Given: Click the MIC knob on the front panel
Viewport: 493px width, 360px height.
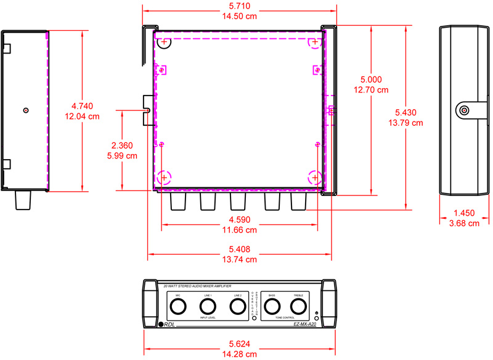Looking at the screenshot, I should (178, 306).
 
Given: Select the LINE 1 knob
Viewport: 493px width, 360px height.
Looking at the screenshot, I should (208, 306).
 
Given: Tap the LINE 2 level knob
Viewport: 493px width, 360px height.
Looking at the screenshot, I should (237, 306).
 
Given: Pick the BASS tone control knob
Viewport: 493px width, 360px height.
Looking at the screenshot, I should (272, 306).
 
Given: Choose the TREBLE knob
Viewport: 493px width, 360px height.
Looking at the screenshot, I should (298, 306).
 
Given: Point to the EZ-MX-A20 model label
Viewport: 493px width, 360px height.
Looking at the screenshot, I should (305, 324).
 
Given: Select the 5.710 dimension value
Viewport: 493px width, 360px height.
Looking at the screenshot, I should (240, 6).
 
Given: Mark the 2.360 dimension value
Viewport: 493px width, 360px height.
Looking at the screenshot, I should (123, 145).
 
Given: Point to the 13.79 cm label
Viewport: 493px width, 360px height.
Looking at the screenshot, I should (405, 123).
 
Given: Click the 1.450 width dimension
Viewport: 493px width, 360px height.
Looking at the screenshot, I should (464, 213).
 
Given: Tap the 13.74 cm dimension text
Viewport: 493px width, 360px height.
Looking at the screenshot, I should (239, 260).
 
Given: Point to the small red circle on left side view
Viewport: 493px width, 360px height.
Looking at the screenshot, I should (25, 110).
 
